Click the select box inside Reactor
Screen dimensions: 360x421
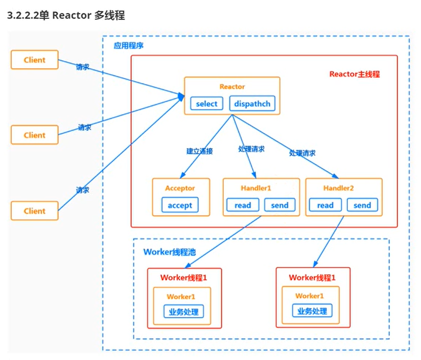tap(206, 104)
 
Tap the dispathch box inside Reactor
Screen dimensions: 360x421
tap(252, 104)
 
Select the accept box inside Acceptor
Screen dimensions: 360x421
tap(180, 205)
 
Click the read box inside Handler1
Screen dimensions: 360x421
tap(243, 205)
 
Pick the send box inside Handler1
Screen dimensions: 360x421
tap(279, 205)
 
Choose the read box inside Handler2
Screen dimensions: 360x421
tap(325, 205)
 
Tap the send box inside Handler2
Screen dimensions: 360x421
tap(362, 205)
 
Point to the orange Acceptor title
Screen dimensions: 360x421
tap(180, 188)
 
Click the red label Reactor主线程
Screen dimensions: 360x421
tap(354, 74)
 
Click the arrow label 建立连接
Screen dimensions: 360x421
tap(199, 151)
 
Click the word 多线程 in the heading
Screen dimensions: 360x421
tap(109, 16)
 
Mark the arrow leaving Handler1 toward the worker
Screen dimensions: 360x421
tap(223, 242)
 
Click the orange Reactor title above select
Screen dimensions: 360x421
tap(232, 87)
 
